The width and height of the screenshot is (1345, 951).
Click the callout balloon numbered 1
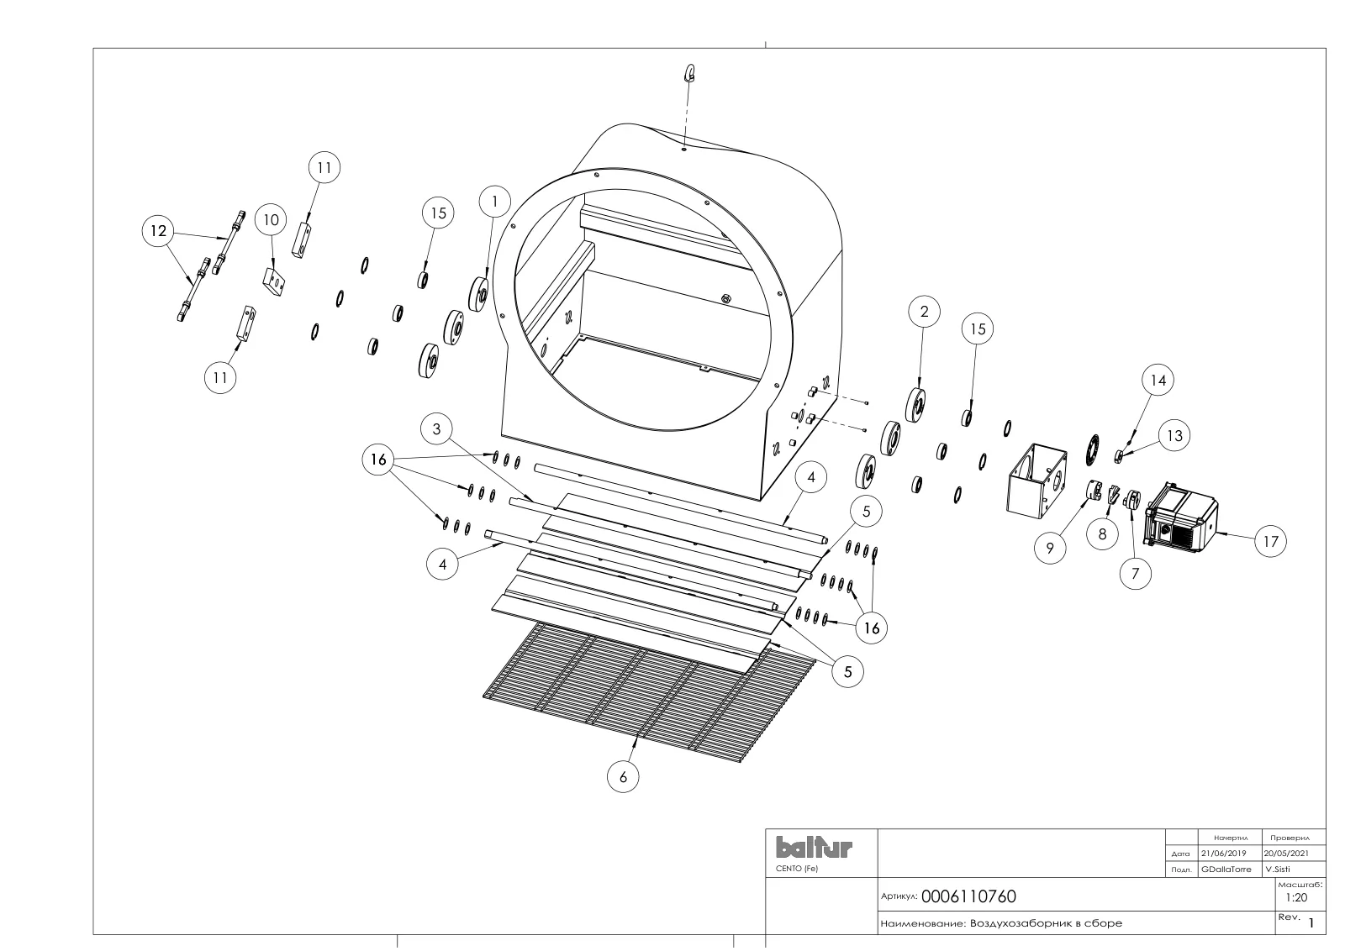click(495, 202)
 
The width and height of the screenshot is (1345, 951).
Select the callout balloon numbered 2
click(924, 312)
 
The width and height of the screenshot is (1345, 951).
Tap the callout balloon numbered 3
click(436, 429)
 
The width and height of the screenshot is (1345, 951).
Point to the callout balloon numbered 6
click(623, 777)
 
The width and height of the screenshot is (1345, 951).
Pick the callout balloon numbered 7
click(1136, 574)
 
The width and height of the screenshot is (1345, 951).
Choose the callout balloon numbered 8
click(1102, 534)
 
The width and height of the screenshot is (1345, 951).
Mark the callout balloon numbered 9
click(1050, 548)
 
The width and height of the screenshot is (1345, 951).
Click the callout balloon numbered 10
click(272, 220)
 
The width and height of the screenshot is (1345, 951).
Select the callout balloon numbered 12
click(158, 231)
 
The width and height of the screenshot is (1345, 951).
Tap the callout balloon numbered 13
click(1174, 436)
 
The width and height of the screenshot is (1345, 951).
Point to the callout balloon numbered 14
click(1158, 381)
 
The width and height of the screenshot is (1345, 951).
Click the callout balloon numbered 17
click(1270, 542)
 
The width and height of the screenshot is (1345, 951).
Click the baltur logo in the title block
click(814, 847)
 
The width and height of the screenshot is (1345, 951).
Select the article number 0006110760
click(968, 896)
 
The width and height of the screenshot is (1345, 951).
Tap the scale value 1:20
click(1296, 897)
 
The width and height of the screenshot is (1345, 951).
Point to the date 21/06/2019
click(1224, 854)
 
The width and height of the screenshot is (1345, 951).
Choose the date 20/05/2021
click(1286, 854)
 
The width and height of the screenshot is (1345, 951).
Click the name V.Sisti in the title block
click(1278, 869)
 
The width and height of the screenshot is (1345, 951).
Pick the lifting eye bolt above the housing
click(691, 73)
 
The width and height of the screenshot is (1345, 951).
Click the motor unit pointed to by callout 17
click(1181, 518)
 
